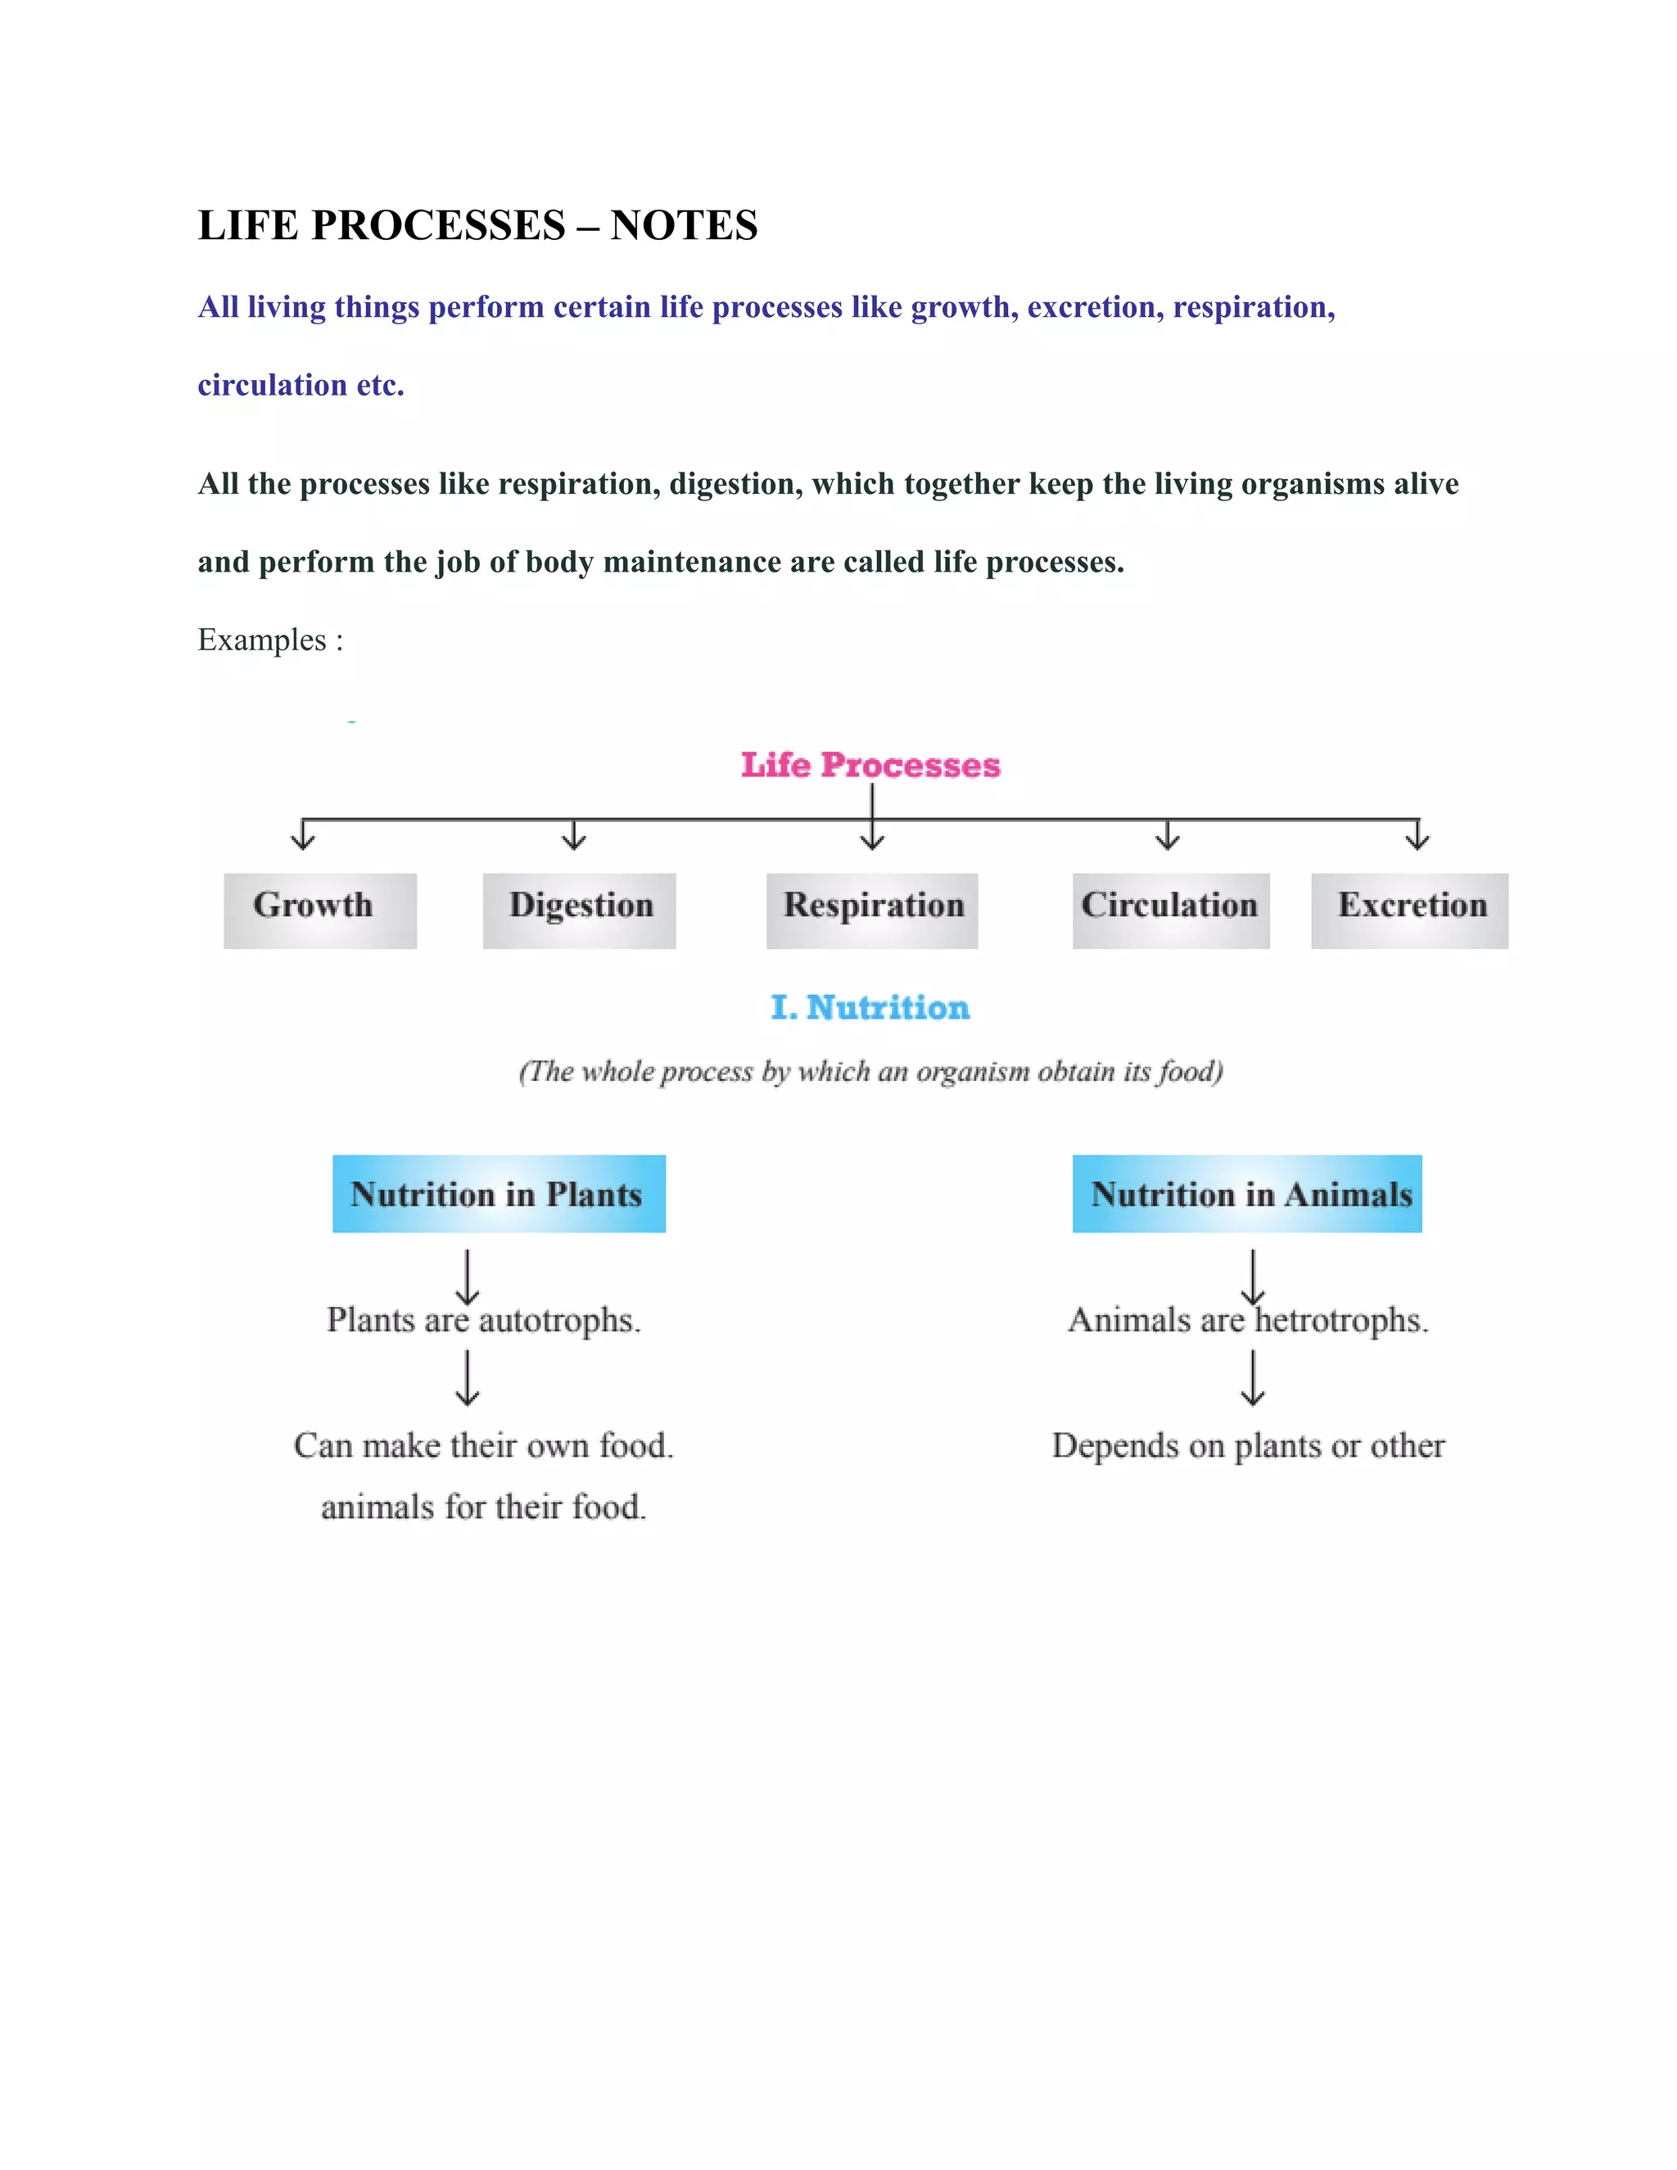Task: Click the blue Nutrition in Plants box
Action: click(499, 1193)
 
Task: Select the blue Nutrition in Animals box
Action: click(1247, 1193)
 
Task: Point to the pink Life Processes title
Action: click(870, 764)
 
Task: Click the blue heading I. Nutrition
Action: click(870, 1007)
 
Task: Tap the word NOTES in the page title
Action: click(684, 225)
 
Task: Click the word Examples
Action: click(261, 640)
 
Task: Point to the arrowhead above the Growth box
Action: click(303, 841)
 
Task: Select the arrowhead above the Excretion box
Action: click(1417, 841)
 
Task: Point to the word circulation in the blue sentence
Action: click(272, 385)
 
